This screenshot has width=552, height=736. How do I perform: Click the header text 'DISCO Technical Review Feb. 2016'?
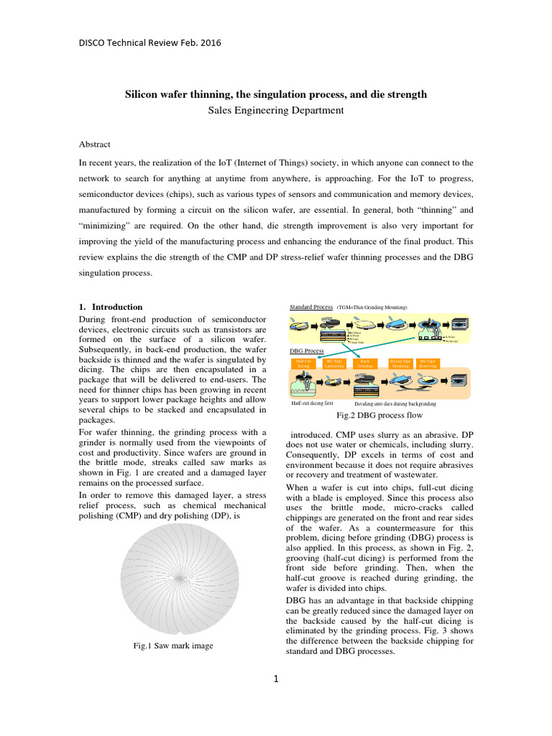[149, 42]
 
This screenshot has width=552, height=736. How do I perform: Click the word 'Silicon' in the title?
[142, 94]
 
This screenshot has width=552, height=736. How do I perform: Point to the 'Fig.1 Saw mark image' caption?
[173, 645]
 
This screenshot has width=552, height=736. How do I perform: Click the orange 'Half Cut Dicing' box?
[303, 364]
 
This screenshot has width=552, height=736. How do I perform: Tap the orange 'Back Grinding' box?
[364, 364]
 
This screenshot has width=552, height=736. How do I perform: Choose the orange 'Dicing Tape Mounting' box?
[400, 364]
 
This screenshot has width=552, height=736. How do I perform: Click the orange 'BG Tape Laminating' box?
[334, 364]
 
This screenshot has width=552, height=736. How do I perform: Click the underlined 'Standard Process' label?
[310, 307]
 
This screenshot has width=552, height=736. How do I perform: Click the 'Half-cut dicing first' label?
[312, 404]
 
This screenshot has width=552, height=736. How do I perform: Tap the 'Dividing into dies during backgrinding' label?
[395, 404]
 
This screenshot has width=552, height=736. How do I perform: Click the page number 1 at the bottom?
[275, 678]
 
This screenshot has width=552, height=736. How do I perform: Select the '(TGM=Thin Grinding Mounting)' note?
[372, 308]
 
